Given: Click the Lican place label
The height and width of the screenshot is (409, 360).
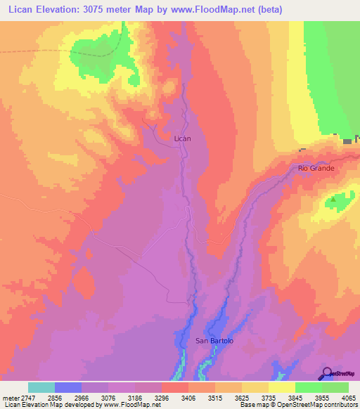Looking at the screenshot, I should tap(182, 138).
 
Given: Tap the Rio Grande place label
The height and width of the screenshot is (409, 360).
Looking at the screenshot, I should tap(316, 169).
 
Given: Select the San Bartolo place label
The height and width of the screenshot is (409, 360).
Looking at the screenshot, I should tap(214, 341).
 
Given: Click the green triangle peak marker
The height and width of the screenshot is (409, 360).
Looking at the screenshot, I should tap(334, 200).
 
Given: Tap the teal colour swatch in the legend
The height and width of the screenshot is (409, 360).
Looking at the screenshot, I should tap(41, 387).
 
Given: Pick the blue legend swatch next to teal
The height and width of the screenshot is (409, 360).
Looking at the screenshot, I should tap(68, 387).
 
